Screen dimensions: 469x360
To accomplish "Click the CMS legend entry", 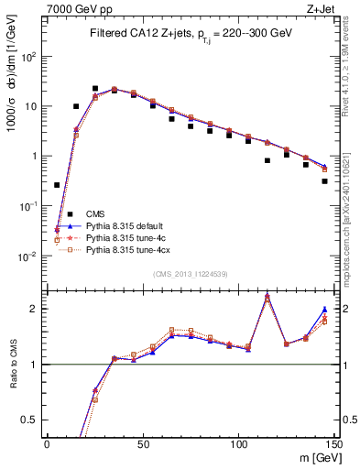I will click(x=96, y=214).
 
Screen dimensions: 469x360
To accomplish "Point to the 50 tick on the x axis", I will click(x=143, y=443).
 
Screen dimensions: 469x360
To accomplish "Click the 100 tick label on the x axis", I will click(x=239, y=443).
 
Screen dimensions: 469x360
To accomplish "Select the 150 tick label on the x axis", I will click(x=334, y=443).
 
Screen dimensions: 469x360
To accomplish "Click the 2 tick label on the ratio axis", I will click(x=34, y=309).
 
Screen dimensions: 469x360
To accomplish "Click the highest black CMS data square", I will click(x=95, y=89).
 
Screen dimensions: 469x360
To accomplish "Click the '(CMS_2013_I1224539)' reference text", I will click(x=191, y=274).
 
